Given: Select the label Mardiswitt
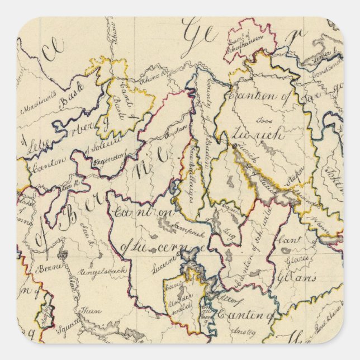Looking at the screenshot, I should [40, 103].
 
